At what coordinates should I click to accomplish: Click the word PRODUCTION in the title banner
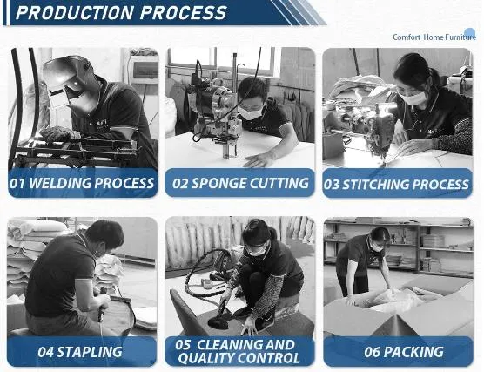[74, 13]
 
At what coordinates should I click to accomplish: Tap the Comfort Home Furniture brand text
[434, 37]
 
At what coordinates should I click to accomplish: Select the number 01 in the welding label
[17, 183]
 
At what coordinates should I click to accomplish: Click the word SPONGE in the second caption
[218, 183]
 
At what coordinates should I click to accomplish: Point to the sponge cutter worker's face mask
[251, 113]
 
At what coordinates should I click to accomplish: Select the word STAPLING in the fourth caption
[90, 352]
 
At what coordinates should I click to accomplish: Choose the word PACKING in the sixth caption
[413, 352]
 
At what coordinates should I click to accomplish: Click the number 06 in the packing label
[373, 352]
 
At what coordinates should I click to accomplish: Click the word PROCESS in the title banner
[184, 13]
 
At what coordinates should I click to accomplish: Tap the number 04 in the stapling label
[46, 352]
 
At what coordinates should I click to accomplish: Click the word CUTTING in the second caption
[279, 183]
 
